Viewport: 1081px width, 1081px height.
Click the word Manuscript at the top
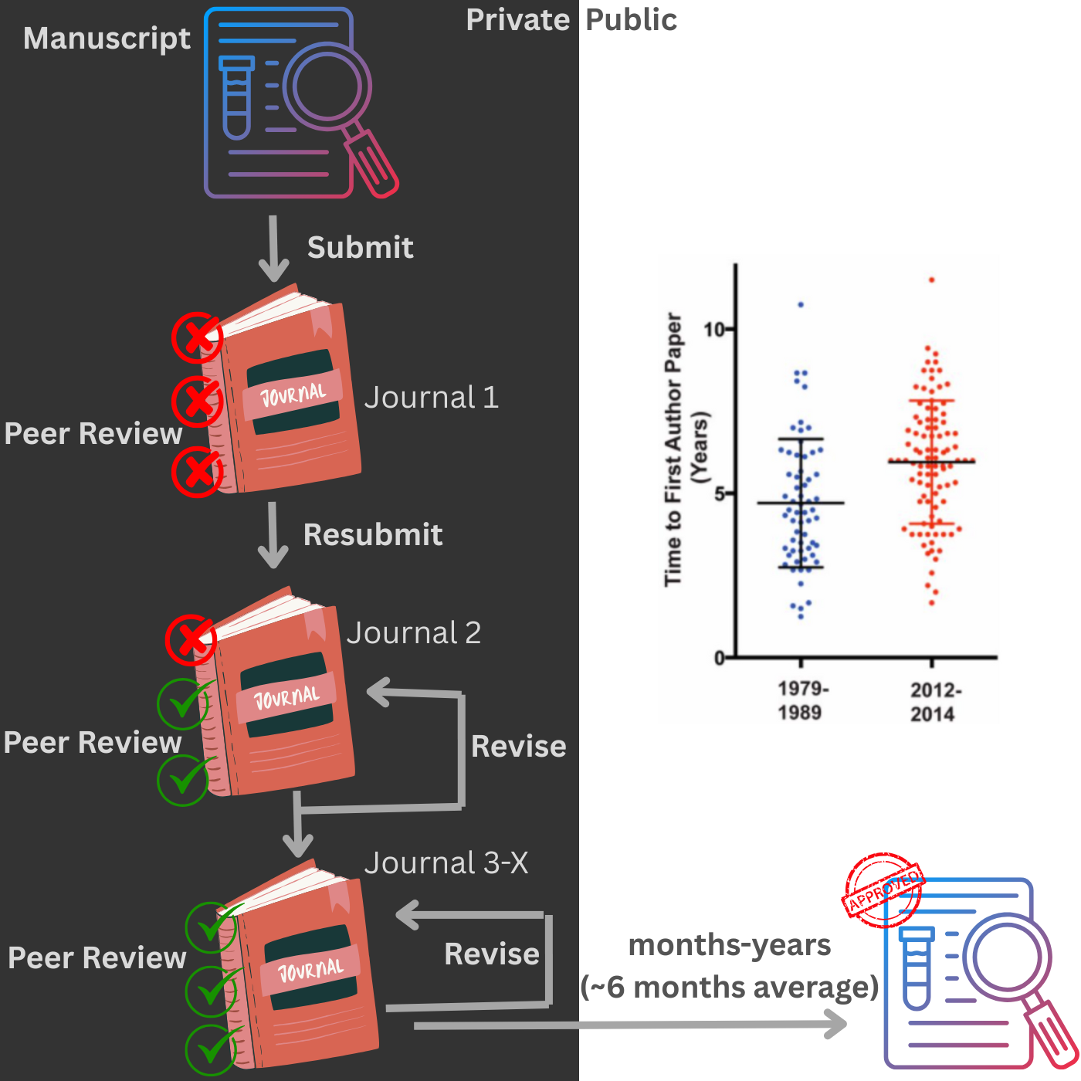click(x=107, y=39)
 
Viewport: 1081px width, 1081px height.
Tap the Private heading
click(x=517, y=20)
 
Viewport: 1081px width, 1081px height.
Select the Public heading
click(x=631, y=20)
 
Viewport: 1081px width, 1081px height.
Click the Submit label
click(x=360, y=248)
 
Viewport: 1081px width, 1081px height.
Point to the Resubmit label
click(x=373, y=534)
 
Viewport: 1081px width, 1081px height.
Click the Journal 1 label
click(x=431, y=398)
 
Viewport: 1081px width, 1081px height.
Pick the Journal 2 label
click(x=414, y=633)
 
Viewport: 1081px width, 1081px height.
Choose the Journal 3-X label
click(x=446, y=863)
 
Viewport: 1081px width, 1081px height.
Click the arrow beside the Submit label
click(x=273, y=249)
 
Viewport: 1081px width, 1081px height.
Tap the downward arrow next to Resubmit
click(x=273, y=535)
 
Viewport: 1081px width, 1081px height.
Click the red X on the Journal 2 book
click(x=191, y=639)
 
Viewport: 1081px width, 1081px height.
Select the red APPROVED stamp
click(x=883, y=890)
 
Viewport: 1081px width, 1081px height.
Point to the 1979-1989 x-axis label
click(x=801, y=700)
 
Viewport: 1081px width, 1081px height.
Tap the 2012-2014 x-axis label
click(x=934, y=702)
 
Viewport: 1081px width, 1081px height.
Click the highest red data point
click(x=932, y=280)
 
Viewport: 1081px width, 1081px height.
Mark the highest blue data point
click(x=801, y=305)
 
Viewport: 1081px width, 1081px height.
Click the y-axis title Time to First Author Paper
click(x=674, y=449)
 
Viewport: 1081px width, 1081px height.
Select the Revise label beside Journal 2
click(x=518, y=747)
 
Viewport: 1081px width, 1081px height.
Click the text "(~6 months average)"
click(x=730, y=987)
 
